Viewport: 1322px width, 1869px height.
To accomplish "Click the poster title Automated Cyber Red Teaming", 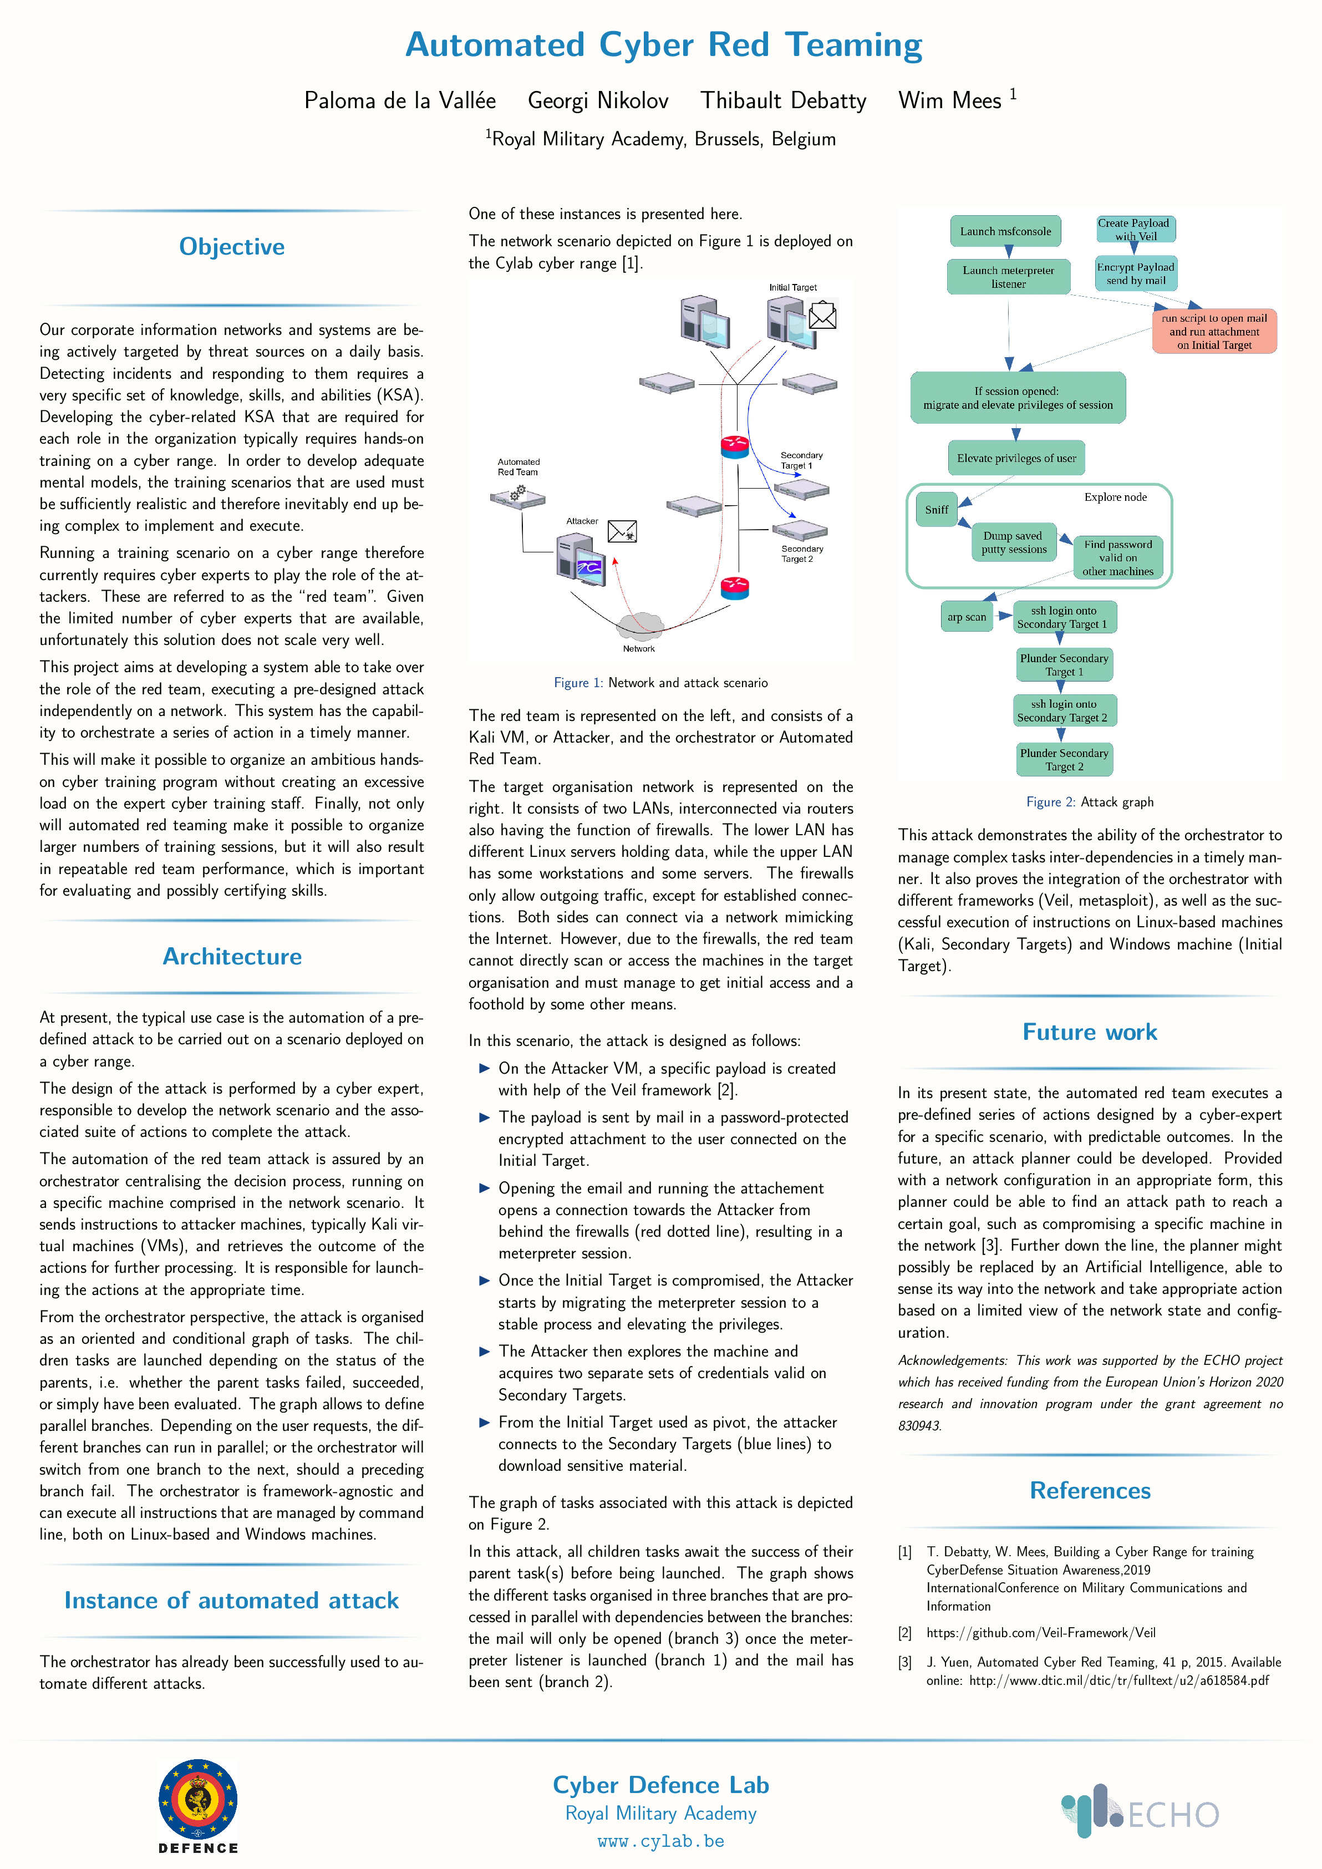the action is pos(663,45).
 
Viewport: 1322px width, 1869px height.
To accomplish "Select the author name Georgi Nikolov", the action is pos(598,100).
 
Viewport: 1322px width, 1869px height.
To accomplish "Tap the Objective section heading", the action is pos(232,247).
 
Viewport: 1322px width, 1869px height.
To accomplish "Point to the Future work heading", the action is pos(1090,1032).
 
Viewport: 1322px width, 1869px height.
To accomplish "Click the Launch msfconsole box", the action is pos(1005,231).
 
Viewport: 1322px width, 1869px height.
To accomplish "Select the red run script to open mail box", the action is pos(1214,331).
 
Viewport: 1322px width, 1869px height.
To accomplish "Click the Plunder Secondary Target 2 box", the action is pos(1064,759).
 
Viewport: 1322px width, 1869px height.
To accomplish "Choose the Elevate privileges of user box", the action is pos(1016,458).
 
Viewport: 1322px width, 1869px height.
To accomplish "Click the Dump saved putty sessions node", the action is pos(1014,542).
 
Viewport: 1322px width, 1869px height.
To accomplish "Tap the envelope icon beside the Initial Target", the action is pos(822,315).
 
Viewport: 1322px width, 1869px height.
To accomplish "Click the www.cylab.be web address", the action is pos(661,1841).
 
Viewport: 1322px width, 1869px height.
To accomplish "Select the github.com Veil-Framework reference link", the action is pos(1041,1633).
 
